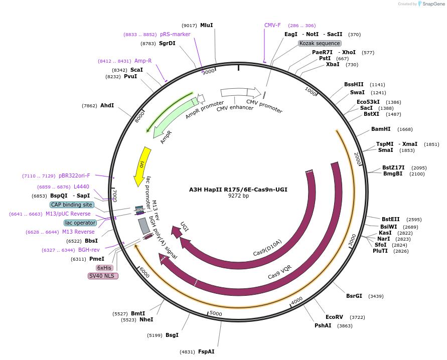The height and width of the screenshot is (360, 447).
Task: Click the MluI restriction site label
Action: (206, 25)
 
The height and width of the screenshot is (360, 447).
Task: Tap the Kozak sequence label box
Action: (320, 44)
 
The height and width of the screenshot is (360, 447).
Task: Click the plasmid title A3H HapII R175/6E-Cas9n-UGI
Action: (238, 190)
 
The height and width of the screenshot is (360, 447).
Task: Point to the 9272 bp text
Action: (238, 196)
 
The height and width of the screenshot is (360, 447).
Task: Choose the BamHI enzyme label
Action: (381, 129)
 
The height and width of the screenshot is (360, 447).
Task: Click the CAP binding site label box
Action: (72, 205)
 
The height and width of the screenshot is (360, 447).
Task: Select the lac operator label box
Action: (80, 223)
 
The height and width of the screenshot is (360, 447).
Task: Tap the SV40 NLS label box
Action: (103, 276)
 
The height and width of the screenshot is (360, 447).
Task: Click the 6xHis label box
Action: (104, 268)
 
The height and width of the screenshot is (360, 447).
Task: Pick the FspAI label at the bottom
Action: (206, 351)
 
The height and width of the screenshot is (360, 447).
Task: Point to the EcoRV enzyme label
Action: (334, 317)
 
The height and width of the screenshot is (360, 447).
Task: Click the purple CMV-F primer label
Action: (272, 25)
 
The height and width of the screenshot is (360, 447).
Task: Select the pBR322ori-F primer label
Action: (74, 175)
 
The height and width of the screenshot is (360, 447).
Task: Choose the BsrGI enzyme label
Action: (354, 296)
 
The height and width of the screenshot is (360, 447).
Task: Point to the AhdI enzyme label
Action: (107, 105)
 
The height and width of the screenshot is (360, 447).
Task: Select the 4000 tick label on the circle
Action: (296, 300)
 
